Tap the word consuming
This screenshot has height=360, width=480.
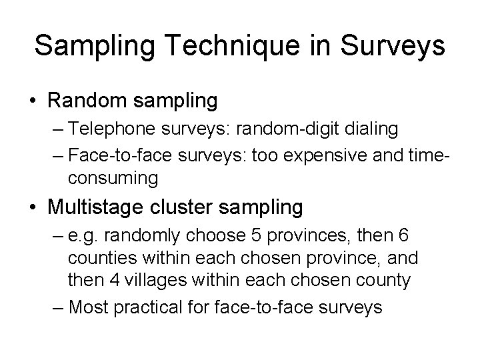(112, 179)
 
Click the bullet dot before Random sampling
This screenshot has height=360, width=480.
(31, 101)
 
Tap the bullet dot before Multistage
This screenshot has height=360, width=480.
(31, 208)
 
